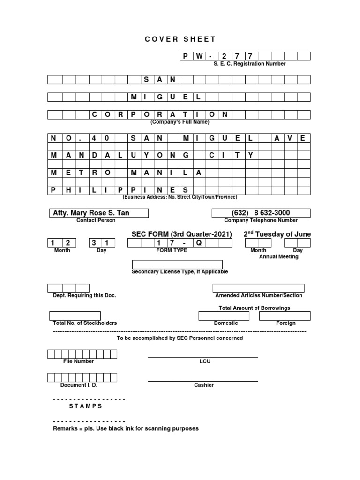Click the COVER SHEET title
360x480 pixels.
[180, 39]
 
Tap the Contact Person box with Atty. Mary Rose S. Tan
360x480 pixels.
[98, 213]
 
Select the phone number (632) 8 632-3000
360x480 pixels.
[261, 213]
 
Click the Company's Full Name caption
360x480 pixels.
[180, 122]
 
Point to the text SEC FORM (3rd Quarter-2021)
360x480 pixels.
[182, 234]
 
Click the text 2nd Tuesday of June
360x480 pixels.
[277, 234]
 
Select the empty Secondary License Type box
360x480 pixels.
[177, 264]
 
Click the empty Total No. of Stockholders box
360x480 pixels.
[75, 316]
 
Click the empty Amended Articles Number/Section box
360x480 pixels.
[258, 288]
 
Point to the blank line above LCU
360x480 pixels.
[202, 357]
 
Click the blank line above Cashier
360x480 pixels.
[202, 381]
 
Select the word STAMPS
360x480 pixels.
[86, 406]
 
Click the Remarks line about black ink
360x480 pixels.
[126, 428]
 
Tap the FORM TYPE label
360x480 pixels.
[172, 250]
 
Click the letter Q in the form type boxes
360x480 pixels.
[198, 243]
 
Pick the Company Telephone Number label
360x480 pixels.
[261, 220]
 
